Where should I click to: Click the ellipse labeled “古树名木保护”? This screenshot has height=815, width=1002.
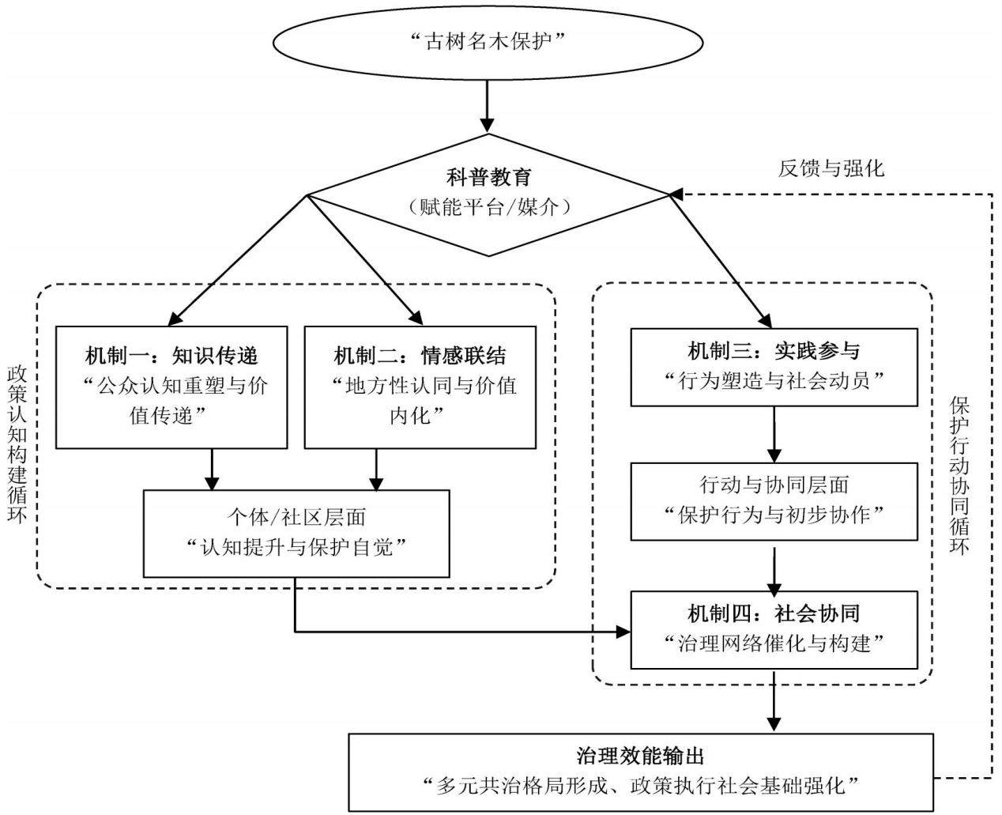(x=488, y=43)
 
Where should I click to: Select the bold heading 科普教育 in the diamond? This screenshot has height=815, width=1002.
(x=489, y=177)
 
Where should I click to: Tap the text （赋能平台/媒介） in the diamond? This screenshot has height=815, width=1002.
(x=489, y=206)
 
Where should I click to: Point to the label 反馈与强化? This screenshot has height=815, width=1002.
(x=831, y=168)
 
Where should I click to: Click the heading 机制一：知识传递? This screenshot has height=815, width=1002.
(x=171, y=356)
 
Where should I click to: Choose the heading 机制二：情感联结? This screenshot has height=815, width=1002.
(x=420, y=356)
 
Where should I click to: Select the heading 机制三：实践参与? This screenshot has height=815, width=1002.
(x=774, y=350)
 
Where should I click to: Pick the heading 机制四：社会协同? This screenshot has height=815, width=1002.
(x=774, y=613)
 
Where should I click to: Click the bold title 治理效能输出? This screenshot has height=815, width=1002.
(x=640, y=757)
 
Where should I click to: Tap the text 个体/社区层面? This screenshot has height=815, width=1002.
(x=296, y=517)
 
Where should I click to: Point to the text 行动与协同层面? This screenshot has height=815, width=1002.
(x=774, y=485)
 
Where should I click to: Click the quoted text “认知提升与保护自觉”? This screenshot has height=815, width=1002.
(x=296, y=547)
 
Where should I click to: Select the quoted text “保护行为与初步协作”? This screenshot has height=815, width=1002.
(x=774, y=515)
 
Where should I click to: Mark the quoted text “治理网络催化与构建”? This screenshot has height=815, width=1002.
(x=774, y=643)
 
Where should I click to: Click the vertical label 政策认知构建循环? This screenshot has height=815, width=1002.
(x=17, y=444)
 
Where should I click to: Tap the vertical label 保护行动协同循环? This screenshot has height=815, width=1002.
(x=959, y=476)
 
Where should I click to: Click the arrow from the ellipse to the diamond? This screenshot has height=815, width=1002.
(x=488, y=107)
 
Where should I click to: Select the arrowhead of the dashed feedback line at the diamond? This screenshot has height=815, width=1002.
(x=676, y=194)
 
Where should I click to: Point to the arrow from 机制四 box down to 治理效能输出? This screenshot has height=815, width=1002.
(x=774, y=700)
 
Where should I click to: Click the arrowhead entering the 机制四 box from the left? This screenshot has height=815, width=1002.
(x=623, y=632)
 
